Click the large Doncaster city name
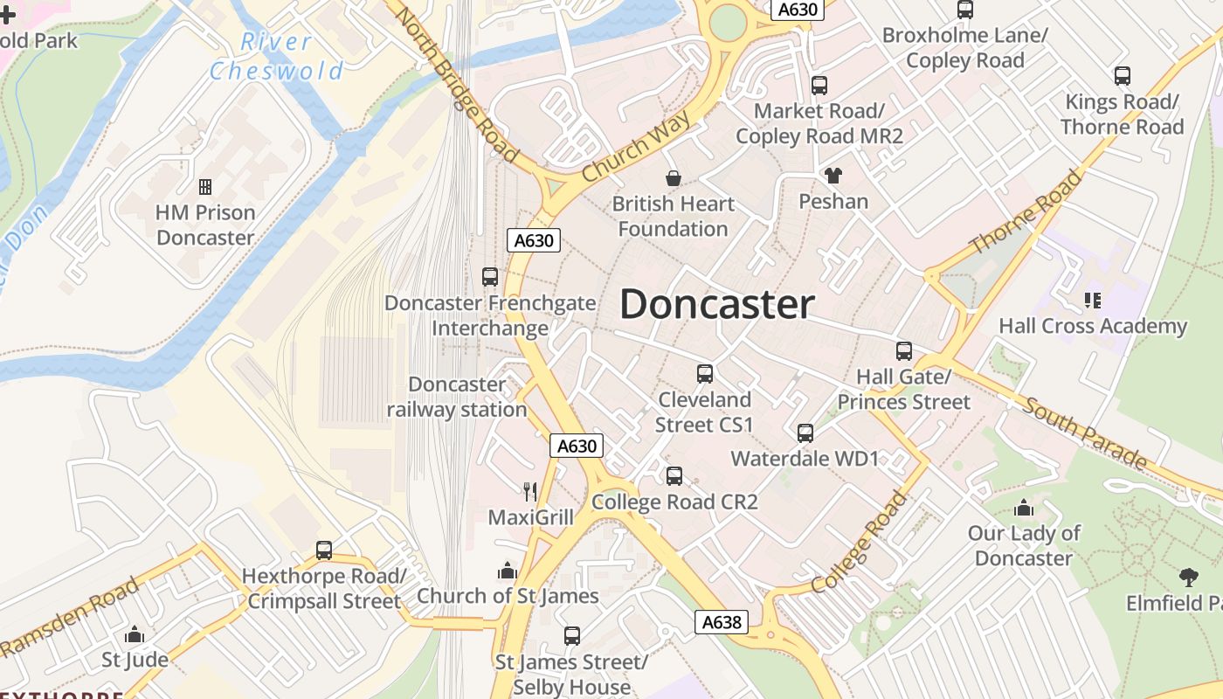tap(716, 305)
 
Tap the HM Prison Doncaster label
tap(205, 225)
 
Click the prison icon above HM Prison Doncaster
tap(205, 187)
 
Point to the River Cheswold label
tap(277, 56)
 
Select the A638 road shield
tap(722, 622)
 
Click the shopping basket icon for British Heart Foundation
tap(674, 179)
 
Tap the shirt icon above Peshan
tap(833, 176)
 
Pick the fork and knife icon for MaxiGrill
tap(530, 492)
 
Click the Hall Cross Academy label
tap(1093, 327)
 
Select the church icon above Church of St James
tap(507, 571)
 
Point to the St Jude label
tap(135, 659)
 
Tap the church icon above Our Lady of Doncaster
tap(1024, 509)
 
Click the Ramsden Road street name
tap(71, 616)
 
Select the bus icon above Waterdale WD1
tap(805, 433)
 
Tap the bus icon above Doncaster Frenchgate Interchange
tap(490, 277)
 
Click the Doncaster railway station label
tap(457, 397)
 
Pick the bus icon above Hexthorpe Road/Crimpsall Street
tap(324, 550)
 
